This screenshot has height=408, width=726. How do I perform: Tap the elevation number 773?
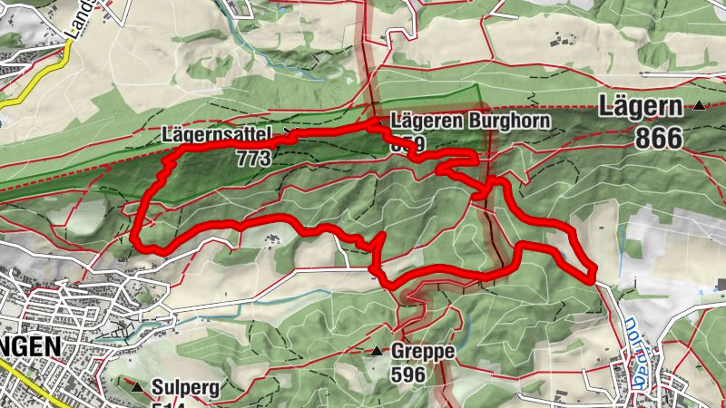pyautogui.click(x=253, y=158)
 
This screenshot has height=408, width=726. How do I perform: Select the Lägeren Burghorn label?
pyautogui.click(x=469, y=121)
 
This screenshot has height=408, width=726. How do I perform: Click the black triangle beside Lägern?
pyautogui.click(x=700, y=106)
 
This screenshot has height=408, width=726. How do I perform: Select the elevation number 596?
pyautogui.click(x=408, y=373)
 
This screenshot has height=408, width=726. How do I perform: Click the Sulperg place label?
pyautogui.click(x=185, y=387)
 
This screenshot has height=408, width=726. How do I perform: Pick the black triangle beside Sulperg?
pyautogui.click(x=138, y=387)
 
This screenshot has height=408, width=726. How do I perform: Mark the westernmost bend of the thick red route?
pyautogui.click(x=134, y=238)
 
